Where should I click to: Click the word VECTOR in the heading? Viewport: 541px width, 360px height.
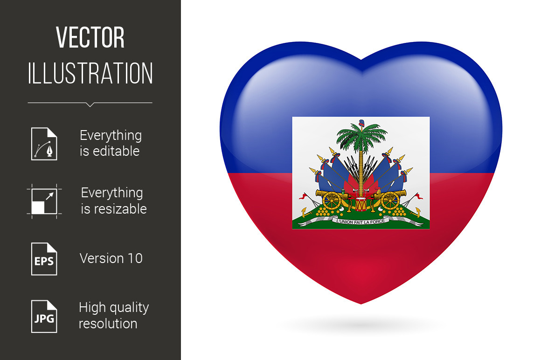coord(90,37)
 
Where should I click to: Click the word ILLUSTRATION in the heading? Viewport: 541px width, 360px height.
coord(90,73)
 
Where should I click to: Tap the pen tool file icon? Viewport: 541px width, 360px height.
coord(44,144)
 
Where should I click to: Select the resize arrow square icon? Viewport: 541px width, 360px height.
coord(44,201)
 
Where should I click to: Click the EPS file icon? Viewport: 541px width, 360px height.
coord(44,259)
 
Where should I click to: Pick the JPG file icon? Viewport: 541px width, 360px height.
coord(44,317)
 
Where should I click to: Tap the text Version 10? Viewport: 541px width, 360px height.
coord(111,258)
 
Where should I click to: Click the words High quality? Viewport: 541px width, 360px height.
coord(114,308)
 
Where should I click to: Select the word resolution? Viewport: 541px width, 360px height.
coord(108,324)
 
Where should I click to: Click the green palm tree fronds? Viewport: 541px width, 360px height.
coord(361,135)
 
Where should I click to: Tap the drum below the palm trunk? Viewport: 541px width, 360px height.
coord(361,204)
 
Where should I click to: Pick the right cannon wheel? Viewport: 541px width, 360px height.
coord(390,201)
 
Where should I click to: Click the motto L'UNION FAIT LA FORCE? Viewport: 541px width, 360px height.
coord(361,222)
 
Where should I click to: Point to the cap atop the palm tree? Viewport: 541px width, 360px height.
coord(361,123)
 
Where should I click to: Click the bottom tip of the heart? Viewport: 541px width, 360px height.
coord(361,304)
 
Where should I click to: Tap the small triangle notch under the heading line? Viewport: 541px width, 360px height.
coord(90,105)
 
